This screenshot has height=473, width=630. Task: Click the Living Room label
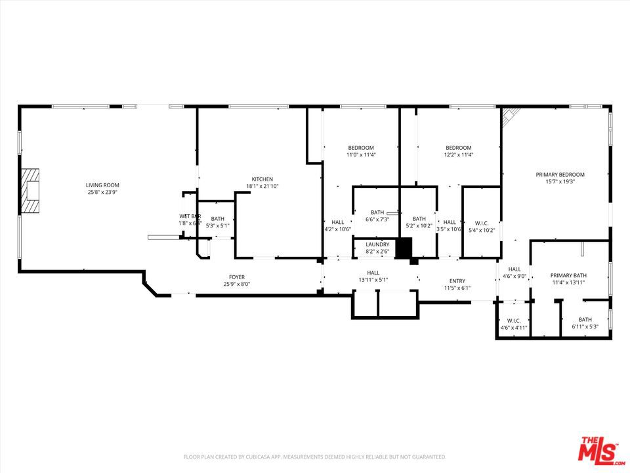coord(103,185)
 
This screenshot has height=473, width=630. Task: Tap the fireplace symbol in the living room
coord(30,191)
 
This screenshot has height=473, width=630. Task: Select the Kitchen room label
coord(262,179)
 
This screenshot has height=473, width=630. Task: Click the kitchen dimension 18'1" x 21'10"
coord(262,187)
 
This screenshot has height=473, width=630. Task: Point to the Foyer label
coord(236,277)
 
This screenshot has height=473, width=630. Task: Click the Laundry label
coord(377,244)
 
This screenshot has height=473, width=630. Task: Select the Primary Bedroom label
coord(560,174)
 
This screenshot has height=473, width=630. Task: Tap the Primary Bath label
coord(568,275)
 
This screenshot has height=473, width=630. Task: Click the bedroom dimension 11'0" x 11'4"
coord(361,155)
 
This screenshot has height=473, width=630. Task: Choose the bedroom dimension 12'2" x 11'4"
coord(459,155)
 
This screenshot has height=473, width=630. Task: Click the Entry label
coord(457,281)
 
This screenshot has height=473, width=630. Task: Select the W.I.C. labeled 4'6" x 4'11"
coord(513,323)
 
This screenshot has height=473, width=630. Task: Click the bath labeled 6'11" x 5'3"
coord(585,323)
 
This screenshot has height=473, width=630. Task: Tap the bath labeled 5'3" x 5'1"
coord(217,222)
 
